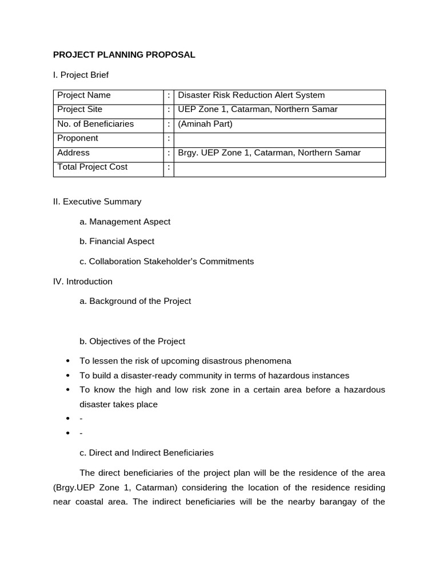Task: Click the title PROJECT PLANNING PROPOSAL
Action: click(124, 55)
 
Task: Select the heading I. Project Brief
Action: click(81, 75)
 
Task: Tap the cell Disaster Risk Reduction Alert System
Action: click(251, 95)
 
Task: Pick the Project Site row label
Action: click(79, 110)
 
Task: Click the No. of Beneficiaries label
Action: click(95, 124)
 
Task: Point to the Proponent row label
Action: click(78, 138)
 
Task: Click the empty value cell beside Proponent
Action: click(279, 139)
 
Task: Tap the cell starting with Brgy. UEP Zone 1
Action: click(269, 153)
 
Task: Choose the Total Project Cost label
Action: click(93, 167)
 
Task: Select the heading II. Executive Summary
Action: click(97, 202)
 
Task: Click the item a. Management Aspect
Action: click(125, 222)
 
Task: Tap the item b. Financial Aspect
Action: click(117, 242)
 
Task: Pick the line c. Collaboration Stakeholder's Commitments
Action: click(167, 262)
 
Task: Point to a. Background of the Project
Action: click(135, 301)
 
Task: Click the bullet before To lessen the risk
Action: click(69, 361)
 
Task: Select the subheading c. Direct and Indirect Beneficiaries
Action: click(147, 453)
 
